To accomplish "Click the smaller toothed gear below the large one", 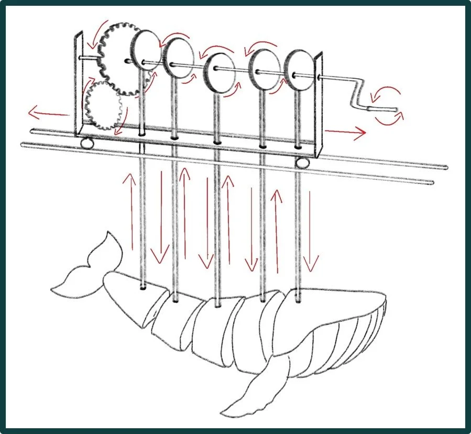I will point(103,108).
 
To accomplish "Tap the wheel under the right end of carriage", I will point(302,163).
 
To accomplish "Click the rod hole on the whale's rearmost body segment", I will point(144,288).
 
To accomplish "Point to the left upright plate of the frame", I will point(80,84).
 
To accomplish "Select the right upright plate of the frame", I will point(318,105).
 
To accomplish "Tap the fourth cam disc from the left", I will point(264,69).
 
